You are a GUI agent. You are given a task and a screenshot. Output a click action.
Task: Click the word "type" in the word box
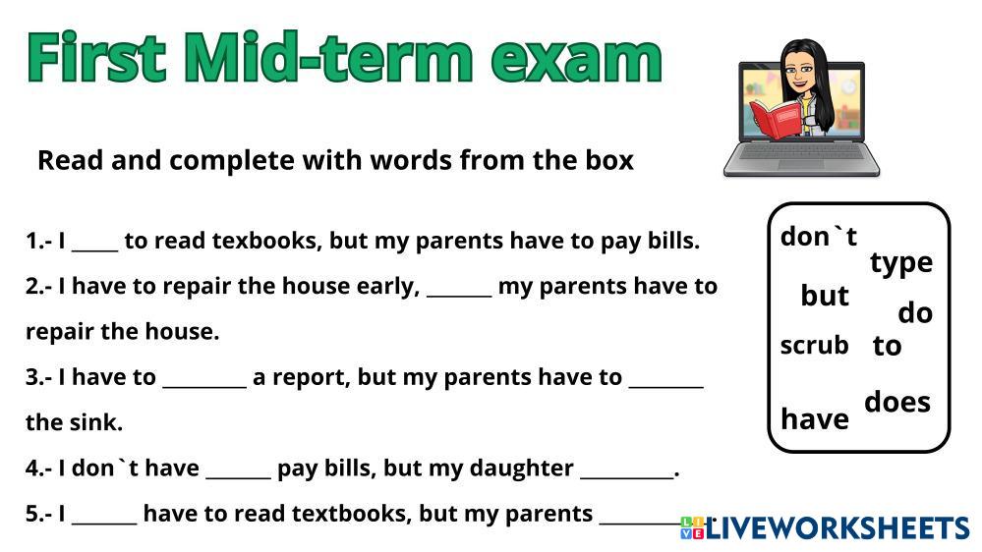[901, 263]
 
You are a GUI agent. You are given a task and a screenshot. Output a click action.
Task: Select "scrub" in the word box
[814, 345]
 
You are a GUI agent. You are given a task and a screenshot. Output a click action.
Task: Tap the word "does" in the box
[897, 402]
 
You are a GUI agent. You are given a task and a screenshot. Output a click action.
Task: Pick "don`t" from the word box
[819, 237]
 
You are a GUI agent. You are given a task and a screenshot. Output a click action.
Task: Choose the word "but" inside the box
[825, 296]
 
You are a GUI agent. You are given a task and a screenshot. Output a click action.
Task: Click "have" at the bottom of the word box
[815, 418]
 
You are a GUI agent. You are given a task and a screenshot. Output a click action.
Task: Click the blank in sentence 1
[95, 249]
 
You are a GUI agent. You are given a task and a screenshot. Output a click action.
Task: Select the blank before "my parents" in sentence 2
[459, 295]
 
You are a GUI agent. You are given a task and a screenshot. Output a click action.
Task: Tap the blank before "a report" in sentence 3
[204, 386]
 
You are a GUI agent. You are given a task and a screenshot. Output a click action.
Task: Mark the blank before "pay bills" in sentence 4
[239, 477]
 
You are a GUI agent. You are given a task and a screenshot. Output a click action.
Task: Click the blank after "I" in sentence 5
[104, 523]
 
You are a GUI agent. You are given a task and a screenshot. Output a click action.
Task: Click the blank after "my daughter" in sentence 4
[627, 477]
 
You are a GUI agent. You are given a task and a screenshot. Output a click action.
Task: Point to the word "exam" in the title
[576, 60]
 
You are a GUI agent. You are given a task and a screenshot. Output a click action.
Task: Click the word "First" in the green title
[96, 57]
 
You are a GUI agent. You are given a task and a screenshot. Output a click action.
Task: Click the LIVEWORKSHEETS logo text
[838, 527]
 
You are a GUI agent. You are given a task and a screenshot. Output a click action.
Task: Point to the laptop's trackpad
[801, 165]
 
